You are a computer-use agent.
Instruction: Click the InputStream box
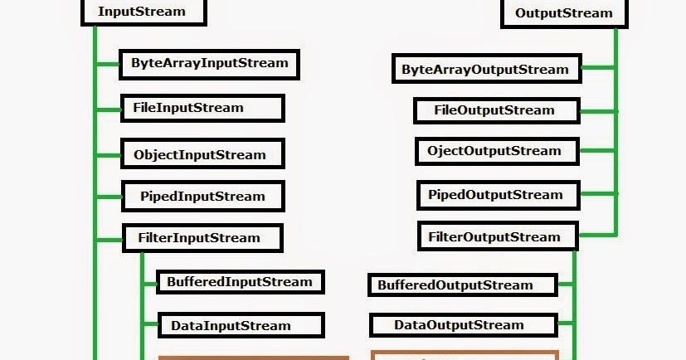pyautogui.click(x=143, y=12)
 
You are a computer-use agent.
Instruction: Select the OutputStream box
pyautogui.click(x=564, y=12)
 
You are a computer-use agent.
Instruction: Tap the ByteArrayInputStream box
pyautogui.click(x=209, y=63)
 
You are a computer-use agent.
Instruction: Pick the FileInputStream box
pyautogui.click(x=202, y=108)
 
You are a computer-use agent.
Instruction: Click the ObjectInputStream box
pyautogui.click(x=202, y=154)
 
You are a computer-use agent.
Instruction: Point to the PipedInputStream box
pyautogui.click(x=202, y=197)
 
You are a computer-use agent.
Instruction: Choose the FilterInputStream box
pyautogui.click(x=202, y=238)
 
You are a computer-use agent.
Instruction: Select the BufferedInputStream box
pyautogui.click(x=239, y=282)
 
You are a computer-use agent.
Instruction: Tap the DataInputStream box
pyautogui.click(x=240, y=325)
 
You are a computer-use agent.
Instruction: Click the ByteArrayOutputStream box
pyautogui.click(x=485, y=70)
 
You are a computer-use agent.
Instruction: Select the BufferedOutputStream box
pyautogui.click(x=455, y=285)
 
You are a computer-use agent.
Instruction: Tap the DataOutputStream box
pyautogui.click(x=458, y=324)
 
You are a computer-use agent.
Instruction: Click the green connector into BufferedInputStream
pyautogui.click(x=149, y=283)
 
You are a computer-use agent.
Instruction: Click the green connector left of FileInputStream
pyautogui.click(x=109, y=109)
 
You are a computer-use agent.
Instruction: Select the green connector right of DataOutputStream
pyautogui.click(x=565, y=326)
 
